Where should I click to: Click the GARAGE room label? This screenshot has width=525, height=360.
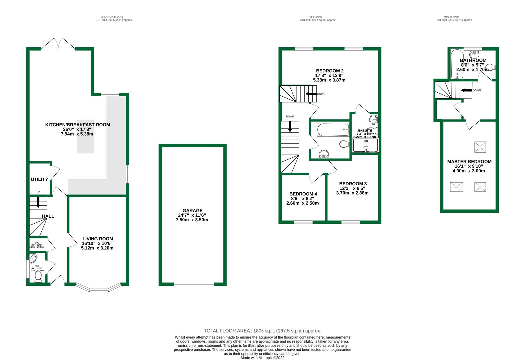pyautogui.click(x=192, y=210)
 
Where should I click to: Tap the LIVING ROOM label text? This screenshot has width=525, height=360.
pyautogui.click(x=98, y=239)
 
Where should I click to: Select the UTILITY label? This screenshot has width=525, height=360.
pyautogui.click(x=39, y=179)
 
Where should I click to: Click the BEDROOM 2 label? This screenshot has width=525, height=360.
pyautogui.click(x=329, y=71)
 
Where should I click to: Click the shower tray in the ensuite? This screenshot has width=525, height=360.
pyautogui.click(x=365, y=146)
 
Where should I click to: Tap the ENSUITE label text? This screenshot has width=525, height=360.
pyautogui.click(x=365, y=130)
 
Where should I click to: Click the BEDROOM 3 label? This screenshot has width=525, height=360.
pyautogui.click(x=353, y=184)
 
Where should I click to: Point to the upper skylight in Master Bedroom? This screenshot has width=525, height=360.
pyautogui.click(x=480, y=147)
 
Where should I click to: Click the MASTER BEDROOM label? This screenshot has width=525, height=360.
pyautogui.click(x=469, y=162)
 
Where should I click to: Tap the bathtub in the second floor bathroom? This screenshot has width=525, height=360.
pyautogui.click(x=455, y=64)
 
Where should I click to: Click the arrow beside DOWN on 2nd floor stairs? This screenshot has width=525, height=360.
pyautogui.click(x=466, y=90)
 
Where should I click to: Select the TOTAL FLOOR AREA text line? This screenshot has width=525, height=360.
pyautogui.click(x=262, y=331)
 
